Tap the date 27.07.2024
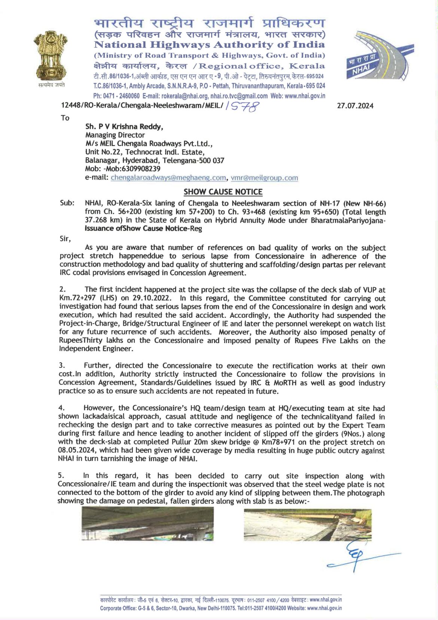point(355,106)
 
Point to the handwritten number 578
point(246,108)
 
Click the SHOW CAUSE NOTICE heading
point(223,192)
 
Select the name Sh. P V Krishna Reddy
point(124,127)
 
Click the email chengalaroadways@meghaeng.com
point(168,178)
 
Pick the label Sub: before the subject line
point(67,203)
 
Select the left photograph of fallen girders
point(147,524)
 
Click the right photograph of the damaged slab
point(307,524)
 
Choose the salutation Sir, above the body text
point(65,239)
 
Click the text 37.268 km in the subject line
point(103,220)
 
